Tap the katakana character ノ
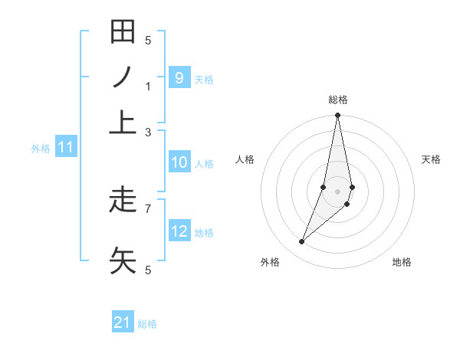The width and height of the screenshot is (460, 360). coord(123,77)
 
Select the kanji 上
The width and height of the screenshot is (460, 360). coord(123,122)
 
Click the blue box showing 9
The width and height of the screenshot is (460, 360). coord(179,77)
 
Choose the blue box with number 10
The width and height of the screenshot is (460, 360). coord(179,162)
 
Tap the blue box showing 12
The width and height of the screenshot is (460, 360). coord(179,231)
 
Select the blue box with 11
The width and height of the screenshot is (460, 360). coord(65,148)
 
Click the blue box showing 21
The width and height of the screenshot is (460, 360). coord(123,322)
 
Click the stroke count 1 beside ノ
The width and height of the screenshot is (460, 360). coord(148,86)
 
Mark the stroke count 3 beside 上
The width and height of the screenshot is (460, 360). coord(148,132)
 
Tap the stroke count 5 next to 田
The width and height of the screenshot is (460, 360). coord(148,40)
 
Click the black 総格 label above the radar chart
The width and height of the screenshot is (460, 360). coord(337,100)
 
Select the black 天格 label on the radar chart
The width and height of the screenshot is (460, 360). coord(432,159)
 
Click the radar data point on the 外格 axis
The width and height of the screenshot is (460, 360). coord(301,242)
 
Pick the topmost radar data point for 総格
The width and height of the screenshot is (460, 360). coord(337,116)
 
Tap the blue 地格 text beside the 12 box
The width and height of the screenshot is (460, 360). coord(204,233)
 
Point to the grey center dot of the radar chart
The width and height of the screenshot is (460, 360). coord(337,191)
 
